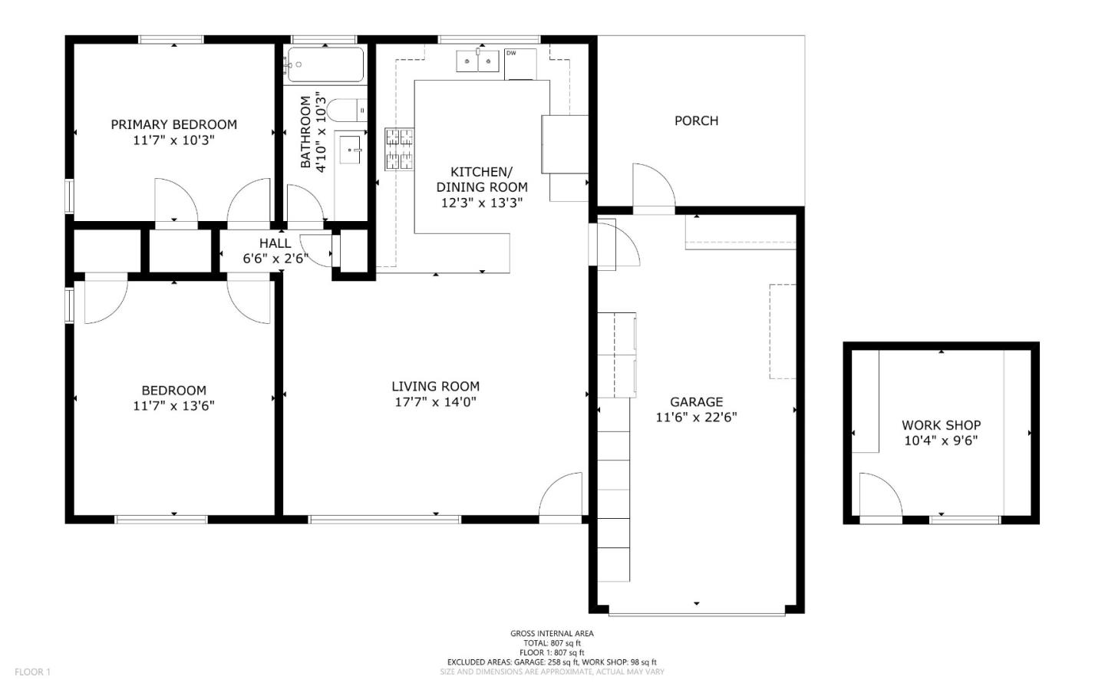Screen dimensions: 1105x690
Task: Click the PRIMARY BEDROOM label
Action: (x=173, y=124)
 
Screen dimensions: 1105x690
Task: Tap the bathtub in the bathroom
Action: (x=325, y=64)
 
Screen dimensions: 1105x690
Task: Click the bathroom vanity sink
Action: (x=351, y=150)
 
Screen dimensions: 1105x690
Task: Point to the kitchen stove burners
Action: (x=399, y=149)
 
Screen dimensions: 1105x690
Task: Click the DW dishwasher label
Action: (x=511, y=53)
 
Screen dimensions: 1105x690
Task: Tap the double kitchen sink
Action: (x=477, y=61)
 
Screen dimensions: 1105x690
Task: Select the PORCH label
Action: (x=696, y=121)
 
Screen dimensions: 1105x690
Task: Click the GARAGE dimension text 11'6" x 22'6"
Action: (x=696, y=418)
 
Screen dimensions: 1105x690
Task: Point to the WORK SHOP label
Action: (x=942, y=425)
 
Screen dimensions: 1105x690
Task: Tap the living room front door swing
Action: (x=560, y=494)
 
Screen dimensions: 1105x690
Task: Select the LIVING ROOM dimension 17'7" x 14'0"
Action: (x=435, y=402)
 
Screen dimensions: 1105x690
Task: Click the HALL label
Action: (x=275, y=243)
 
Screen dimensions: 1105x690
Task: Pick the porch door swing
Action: (x=654, y=185)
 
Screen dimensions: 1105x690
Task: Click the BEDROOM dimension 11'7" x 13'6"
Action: (x=173, y=406)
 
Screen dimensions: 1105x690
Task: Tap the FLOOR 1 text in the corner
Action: (x=32, y=672)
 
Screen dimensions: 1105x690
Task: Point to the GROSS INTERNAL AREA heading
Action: (x=552, y=633)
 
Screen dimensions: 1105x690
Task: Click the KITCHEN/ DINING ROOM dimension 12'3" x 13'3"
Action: (x=481, y=203)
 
